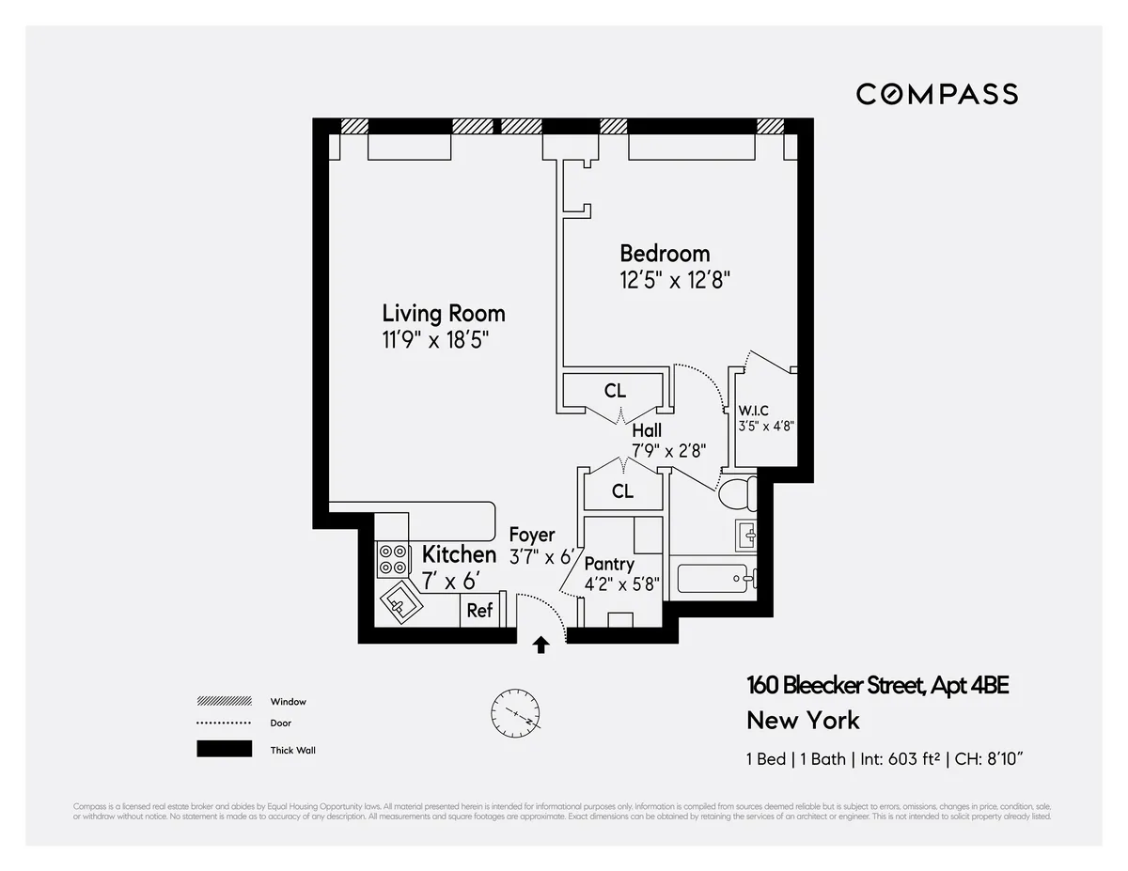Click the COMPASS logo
(936, 94)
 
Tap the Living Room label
(443, 313)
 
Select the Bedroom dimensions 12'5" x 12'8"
(674, 280)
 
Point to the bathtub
(714, 578)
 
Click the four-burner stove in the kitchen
(392, 559)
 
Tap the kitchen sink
(400, 600)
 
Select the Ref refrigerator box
(479, 611)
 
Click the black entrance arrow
(541, 645)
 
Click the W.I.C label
(754, 410)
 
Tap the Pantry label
(609, 565)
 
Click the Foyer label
(532, 536)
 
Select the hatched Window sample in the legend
(224, 701)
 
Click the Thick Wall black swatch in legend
(224, 749)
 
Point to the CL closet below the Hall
(622, 490)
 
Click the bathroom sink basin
(748, 537)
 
